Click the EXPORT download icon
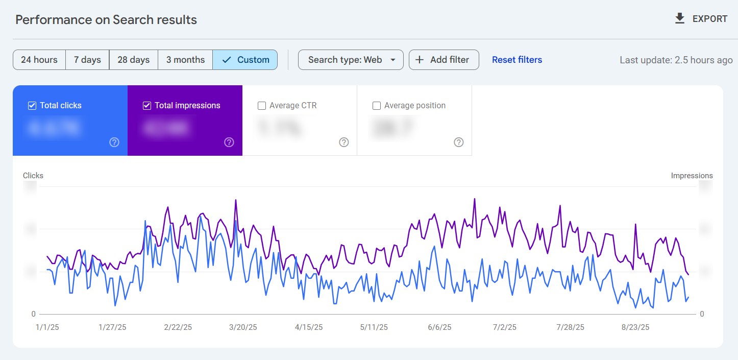679,19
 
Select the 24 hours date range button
39,60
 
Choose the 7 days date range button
87,60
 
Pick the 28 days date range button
133,60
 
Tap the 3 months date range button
185,60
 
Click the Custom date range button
245,60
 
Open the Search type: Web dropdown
351,60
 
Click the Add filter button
443,60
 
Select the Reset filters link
516,60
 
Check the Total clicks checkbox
32,106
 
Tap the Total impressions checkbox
147,106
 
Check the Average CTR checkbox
262,106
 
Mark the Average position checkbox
377,106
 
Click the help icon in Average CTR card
344,142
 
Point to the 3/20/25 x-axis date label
243,327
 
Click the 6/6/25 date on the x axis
439,327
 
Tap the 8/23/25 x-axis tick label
635,327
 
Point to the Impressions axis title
692,176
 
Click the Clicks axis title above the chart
33,176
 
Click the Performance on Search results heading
106,20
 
